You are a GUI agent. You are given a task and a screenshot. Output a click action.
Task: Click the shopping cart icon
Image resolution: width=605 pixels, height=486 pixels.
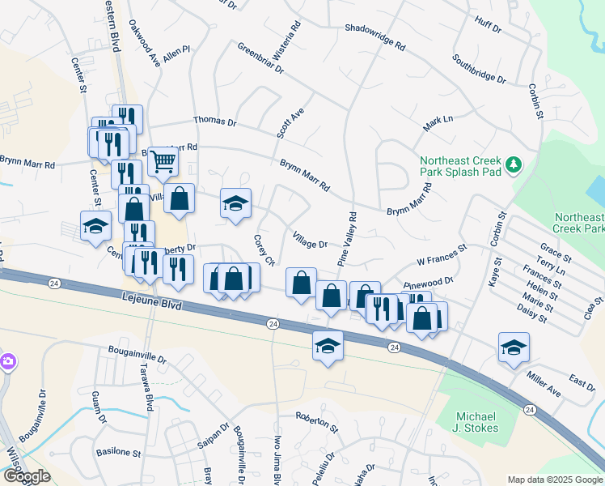click(x=163, y=161)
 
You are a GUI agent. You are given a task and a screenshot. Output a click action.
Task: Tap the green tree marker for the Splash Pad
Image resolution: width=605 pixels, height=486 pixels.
click(x=513, y=165)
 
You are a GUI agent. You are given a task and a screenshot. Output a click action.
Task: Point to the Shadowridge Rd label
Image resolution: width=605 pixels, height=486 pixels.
click(x=374, y=38)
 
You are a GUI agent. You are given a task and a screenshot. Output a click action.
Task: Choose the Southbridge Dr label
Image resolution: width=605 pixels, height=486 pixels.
click(x=479, y=70)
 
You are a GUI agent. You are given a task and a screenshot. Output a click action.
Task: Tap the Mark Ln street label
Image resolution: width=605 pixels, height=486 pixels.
click(x=438, y=124)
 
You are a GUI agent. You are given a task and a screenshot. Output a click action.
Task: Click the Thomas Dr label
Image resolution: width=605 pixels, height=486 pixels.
click(x=214, y=122)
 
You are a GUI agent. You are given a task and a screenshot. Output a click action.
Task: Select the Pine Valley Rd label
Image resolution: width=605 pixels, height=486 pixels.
click(x=347, y=239)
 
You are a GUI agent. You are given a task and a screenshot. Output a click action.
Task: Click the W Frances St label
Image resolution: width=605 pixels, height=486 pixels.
click(x=442, y=257)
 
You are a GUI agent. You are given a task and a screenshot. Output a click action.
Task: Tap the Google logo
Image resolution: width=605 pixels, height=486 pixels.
click(x=27, y=476)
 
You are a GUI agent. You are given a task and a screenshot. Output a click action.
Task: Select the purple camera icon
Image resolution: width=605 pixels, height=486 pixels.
click(x=6, y=360)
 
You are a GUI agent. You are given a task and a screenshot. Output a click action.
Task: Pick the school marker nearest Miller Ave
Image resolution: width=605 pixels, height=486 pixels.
click(x=514, y=347)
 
